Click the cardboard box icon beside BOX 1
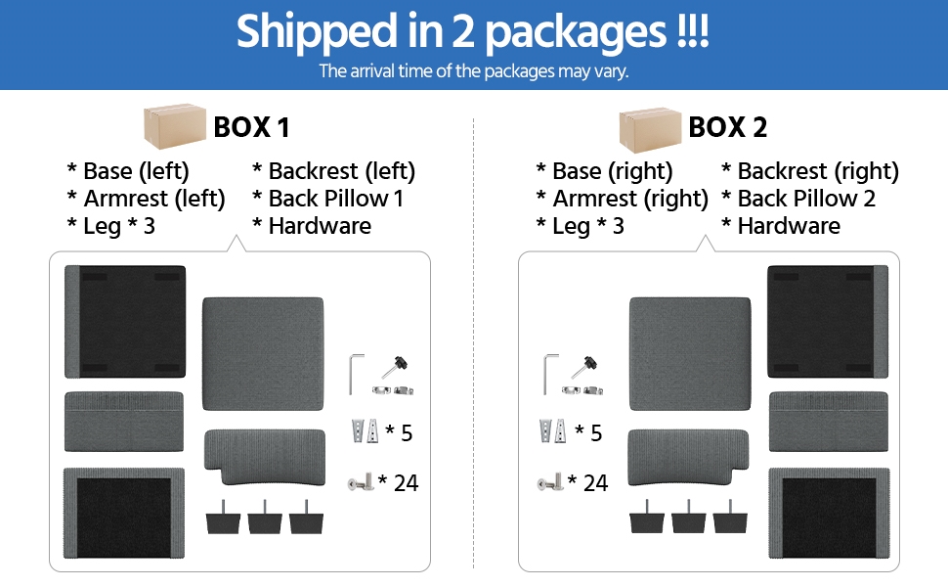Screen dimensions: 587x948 [x=175, y=126]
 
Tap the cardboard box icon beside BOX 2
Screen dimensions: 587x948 [x=650, y=126]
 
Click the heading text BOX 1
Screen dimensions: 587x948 [x=251, y=127]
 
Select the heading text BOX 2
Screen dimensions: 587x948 [x=727, y=127]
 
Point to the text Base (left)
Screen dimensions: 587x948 [x=128, y=171]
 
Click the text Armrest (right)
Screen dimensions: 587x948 [x=622, y=199]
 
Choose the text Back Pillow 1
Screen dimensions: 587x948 [x=328, y=199]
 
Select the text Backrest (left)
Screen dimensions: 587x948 [x=334, y=171]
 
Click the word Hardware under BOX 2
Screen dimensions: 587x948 [x=789, y=226]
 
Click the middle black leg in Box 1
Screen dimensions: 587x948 [x=266, y=517]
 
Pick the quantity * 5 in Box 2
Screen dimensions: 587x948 [x=589, y=432]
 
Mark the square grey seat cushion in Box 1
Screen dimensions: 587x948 [x=263, y=354]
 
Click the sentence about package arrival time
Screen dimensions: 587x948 [x=474, y=70]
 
